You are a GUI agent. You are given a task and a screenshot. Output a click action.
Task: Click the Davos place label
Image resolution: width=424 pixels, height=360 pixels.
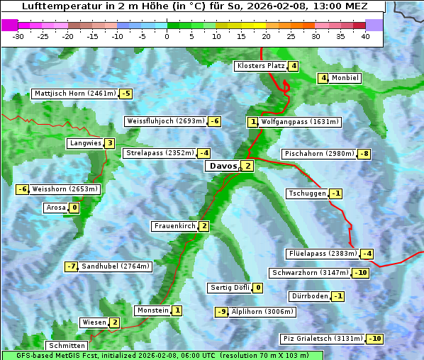(222, 166)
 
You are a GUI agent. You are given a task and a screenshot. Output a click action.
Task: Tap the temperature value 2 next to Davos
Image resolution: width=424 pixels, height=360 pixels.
(247, 166)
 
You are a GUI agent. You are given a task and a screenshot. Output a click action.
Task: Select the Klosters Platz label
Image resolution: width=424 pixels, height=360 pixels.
(260, 66)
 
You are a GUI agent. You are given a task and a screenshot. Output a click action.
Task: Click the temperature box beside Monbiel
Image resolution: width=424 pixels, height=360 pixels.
(323, 78)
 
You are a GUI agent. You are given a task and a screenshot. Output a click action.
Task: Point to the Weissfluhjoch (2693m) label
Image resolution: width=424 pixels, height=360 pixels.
(166, 121)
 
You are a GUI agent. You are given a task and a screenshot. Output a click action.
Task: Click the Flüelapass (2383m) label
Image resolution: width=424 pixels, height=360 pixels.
(322, 254)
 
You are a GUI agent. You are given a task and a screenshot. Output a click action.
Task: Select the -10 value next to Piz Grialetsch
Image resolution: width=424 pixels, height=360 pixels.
(374, 338)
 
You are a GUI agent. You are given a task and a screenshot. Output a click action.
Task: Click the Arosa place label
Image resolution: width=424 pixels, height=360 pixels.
(55, 208)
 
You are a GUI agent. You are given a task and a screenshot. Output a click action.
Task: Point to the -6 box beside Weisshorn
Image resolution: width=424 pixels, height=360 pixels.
(22, 189)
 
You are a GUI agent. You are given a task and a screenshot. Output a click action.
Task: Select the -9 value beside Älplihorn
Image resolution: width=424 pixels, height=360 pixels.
(222, 311)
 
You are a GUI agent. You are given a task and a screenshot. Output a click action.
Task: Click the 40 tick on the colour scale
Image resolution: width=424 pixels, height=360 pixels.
(365, 35)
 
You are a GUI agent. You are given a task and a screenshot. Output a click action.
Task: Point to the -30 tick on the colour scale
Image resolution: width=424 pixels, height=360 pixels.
(19, 35)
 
